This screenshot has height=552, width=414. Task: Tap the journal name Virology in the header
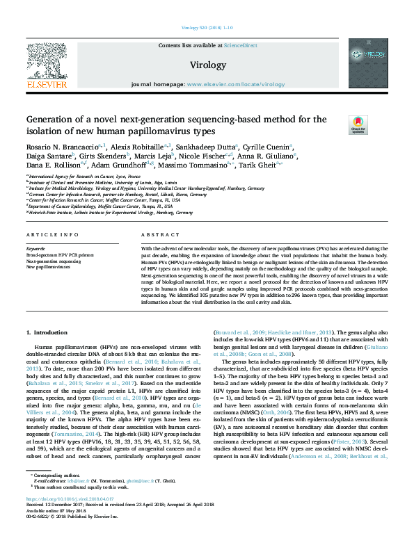click(207, 65)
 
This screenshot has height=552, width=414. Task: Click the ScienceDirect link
click(240, 45)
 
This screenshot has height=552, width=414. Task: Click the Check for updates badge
click(358, 124)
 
